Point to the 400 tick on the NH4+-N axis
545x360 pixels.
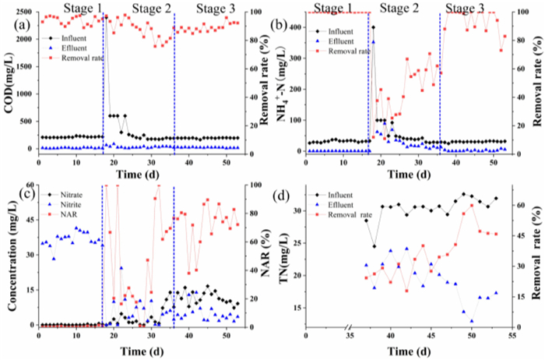[294, 26]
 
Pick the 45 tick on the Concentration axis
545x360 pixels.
[29, 220]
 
